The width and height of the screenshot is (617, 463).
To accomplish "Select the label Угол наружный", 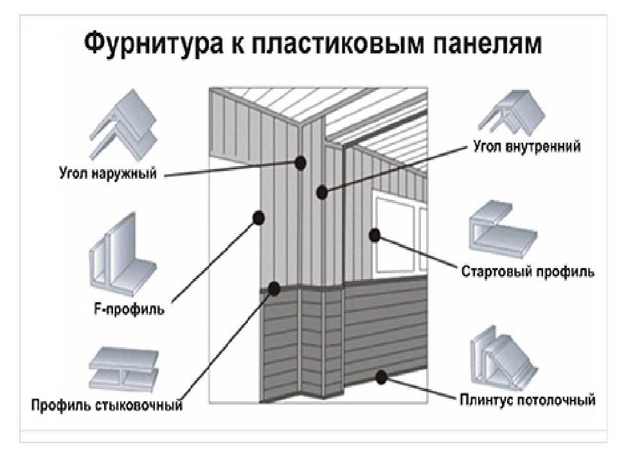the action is (108, 173).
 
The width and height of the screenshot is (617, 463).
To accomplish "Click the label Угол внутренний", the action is (527, 147).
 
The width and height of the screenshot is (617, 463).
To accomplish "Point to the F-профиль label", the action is (129, 309).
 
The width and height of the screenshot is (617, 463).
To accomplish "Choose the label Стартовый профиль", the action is (528, 271).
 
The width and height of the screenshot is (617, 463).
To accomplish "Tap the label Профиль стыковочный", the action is (107, 405).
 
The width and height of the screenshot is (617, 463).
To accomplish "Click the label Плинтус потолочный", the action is (527, 400).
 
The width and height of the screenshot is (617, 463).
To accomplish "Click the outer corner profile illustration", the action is (123, 125).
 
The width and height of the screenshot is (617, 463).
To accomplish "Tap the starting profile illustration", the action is (503, 230).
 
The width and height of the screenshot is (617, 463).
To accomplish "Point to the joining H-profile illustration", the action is (123, 370).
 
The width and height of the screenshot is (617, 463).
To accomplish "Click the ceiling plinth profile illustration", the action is (503, 359).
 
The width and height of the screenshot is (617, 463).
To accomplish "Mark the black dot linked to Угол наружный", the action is (301, 162).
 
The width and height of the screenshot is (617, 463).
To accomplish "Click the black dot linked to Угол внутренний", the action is (322, 192).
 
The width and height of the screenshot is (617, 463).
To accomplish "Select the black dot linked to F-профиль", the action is (258, 217).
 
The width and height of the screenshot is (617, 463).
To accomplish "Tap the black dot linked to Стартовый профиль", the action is (375, 235).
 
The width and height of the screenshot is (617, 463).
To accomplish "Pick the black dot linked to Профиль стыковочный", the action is (274, 289).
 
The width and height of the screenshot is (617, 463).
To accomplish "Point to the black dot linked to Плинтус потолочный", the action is (380, 377).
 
